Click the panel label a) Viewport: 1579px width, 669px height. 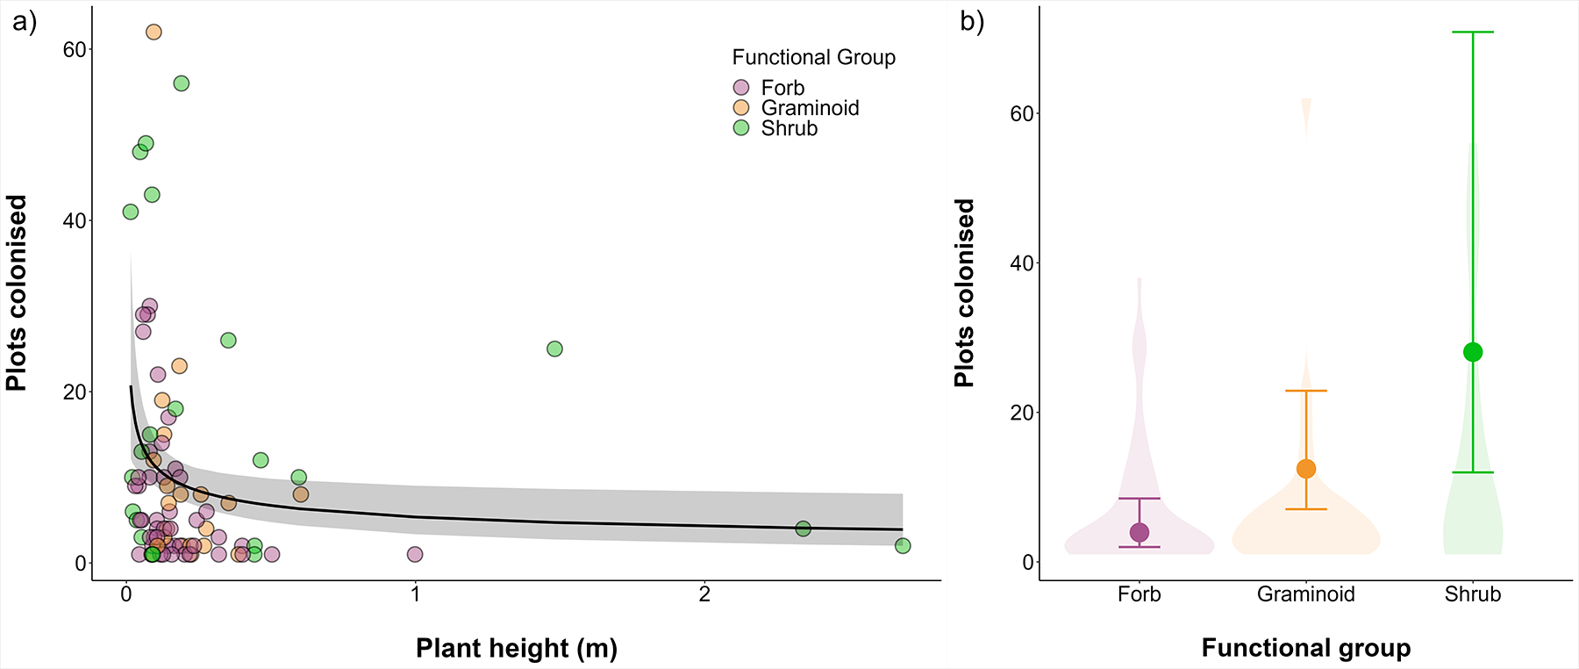pyautogui.click(x=25, y=22)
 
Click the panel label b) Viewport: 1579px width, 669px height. pyautogui.click(x=972, y=22)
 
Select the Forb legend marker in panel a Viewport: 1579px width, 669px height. pyautogui.click(x=741, y=88)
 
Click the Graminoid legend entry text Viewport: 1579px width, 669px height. pyautogui.click(x=810, y=108)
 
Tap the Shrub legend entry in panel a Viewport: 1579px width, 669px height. pyautogui.click(x=789, y=128)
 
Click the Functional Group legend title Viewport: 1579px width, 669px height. pyautogui.click(x=813, y=58)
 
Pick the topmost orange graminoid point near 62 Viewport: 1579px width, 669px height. pyautogui.click(x=154, y=32)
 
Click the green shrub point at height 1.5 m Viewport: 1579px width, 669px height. pyautogui.click(x=554, y=349)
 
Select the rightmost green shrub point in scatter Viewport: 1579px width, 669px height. pyautogui.click(x=903, y=546)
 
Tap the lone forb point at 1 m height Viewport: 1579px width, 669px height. pyautogui.click(x=415, y=555)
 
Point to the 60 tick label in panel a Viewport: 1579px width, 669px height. pyautogui.click(x=75, y=50)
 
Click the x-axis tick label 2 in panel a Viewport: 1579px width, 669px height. pyautogui.click(x=704, y=594)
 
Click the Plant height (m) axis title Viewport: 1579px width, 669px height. pyautogui.click(x=517, y=649)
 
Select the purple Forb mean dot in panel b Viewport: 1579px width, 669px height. pyautogui.click(x=1140, y=532)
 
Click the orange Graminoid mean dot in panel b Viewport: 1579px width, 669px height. pyautogui.click(x=1306, y=469)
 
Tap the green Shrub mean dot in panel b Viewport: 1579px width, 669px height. pyautogui.click(x=1473, y=352)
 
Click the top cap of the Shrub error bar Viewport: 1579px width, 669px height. pyautogui.click(x=1473, y=32)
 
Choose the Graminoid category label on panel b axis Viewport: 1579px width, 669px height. pyautogui.click(x=1305, y=594)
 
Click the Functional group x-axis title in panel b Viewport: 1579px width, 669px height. pyautogui.click(x=1305, y=649)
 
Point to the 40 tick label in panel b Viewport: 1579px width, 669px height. pyautogui.click(x=1022, y=263)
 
